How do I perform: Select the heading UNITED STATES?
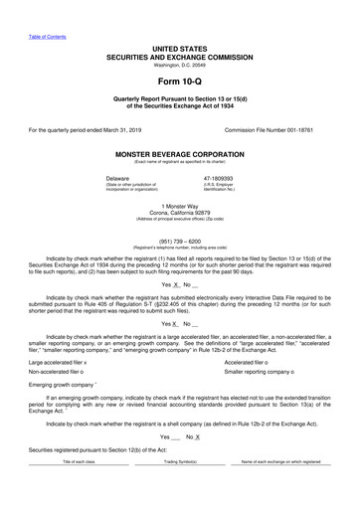click(180, 48)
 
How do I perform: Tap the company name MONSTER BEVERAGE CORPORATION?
click(180, 155)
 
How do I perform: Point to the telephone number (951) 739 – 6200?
click(180, 240)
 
